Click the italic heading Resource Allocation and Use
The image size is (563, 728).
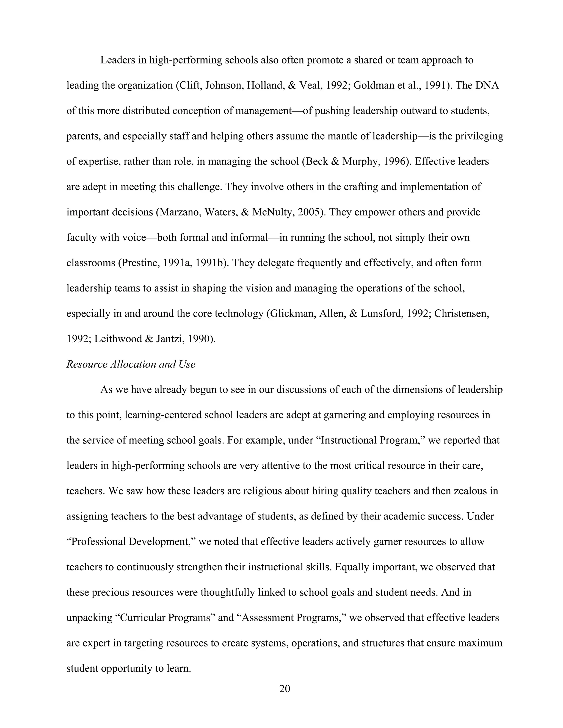point(131,364)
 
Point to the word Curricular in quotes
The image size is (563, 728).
point(142,617)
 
